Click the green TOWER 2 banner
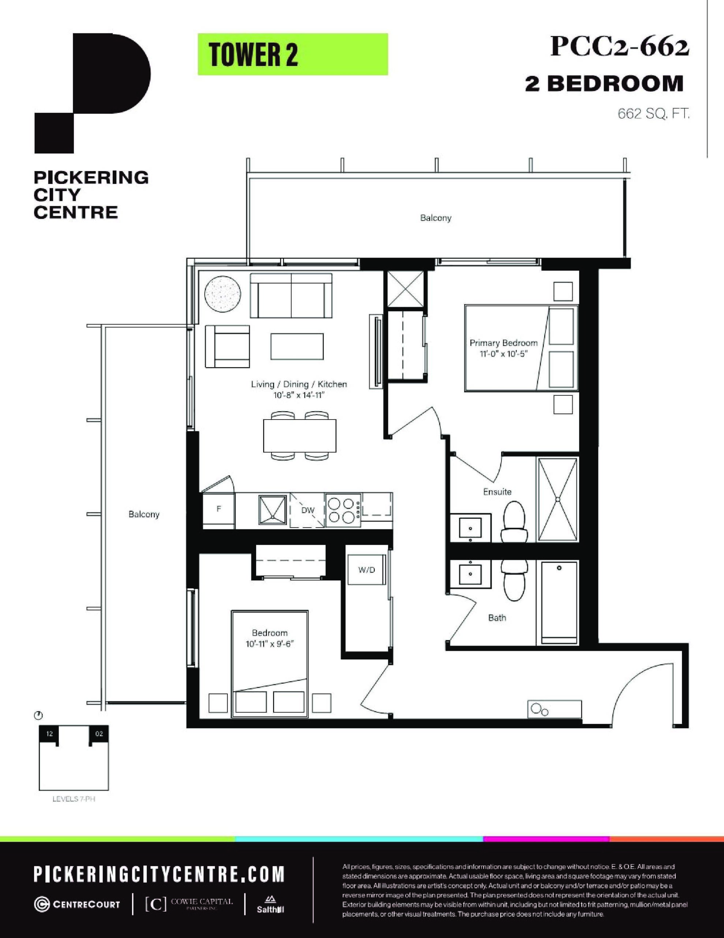(293, 55)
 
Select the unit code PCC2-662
(620, 47)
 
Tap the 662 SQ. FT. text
(653, 114)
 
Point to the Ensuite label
(497, 492)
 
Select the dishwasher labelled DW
(308, 510)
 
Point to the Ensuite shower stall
(557, 499)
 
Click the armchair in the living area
(227, 346)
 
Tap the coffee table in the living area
(297, 347)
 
